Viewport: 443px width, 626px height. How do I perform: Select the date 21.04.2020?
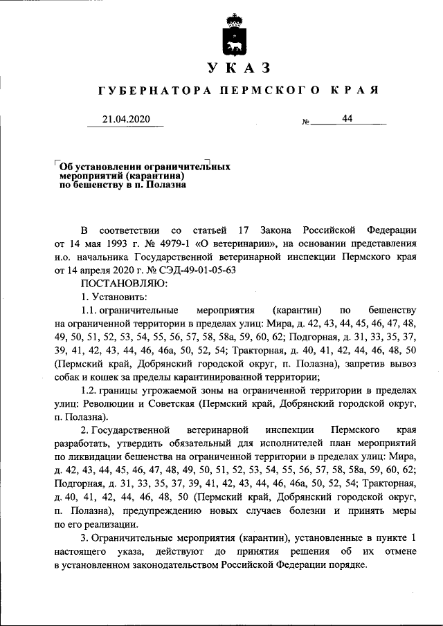125,119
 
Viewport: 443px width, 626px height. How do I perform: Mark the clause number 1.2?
91,389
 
